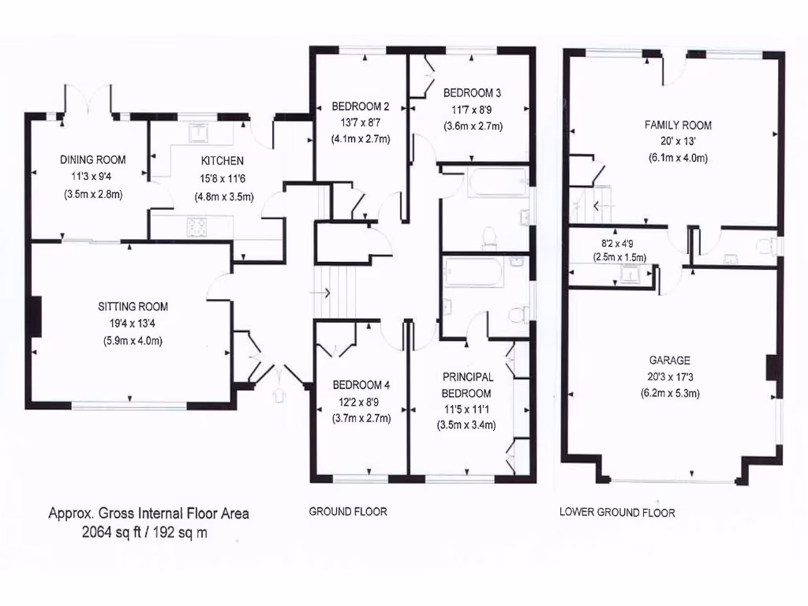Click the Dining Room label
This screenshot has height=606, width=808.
click(93, 159)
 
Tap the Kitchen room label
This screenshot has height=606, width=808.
click(216, 160)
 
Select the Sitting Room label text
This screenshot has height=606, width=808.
click(133, 306)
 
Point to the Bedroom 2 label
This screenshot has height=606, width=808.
click(361, 107)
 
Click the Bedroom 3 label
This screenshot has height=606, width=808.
click(472, 92)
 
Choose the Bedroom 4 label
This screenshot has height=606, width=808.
click(361, 385)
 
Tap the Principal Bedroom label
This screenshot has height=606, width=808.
click(467, 385)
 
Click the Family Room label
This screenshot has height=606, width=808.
click(678, 125)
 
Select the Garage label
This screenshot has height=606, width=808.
click(670, 359)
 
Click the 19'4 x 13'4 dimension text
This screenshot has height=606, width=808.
click(133, 323)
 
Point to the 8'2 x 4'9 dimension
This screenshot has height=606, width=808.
click(618, 245)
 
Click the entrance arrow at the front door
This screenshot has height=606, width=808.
click(278, 393)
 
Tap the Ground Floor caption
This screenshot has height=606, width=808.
click(348, 511)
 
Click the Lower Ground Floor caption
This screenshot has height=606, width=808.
click(617, 512)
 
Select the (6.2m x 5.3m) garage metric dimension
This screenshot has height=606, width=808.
click(670, 392)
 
